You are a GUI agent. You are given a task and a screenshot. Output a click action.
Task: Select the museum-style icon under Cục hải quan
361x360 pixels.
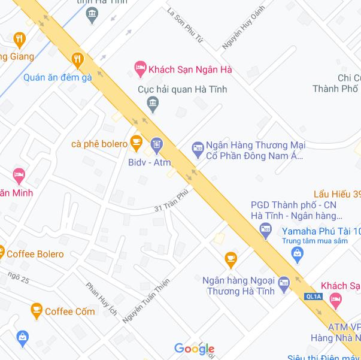click(x=153, y=106)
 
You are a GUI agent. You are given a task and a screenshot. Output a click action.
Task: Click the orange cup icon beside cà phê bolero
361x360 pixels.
click(x=136, y=143)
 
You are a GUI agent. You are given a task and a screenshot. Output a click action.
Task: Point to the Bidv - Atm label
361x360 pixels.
click(x=149, y=162)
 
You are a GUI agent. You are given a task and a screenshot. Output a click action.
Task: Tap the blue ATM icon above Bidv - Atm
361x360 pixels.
click(x=157, y=144)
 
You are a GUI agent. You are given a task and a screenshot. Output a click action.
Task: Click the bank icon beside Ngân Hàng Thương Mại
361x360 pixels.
click(x=198, y=147)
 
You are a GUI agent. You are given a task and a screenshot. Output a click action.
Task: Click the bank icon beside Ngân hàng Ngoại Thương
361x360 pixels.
click(x=284, y=282)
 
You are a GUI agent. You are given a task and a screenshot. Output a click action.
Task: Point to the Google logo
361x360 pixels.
click(x=194, y=348)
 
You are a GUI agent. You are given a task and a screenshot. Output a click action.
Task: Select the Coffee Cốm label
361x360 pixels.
click(x=70, y=311)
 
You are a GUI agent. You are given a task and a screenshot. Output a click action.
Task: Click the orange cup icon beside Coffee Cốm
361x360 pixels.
click(x=37, y=310)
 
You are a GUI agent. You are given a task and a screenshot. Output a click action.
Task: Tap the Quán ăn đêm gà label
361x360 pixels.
click(x=57, y=77)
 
